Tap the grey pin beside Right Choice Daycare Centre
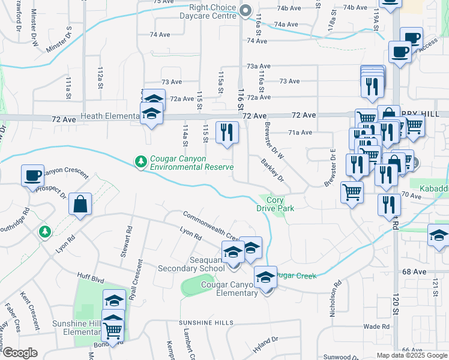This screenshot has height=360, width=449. click(x=245, y=11)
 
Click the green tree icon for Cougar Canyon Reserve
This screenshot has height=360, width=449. click(x=140, y=161)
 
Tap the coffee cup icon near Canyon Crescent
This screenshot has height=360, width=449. click(x=33, y=175)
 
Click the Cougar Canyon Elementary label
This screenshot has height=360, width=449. click(x=229, y=289)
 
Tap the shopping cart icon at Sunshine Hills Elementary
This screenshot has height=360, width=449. click(x=112, y=329)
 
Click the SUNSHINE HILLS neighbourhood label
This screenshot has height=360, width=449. click(x=206, y=323)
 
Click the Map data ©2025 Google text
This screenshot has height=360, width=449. click(x=411, y=355)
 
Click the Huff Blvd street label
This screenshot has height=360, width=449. click(x=91, y=277)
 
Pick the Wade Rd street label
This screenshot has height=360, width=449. click(x=376, y=326)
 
